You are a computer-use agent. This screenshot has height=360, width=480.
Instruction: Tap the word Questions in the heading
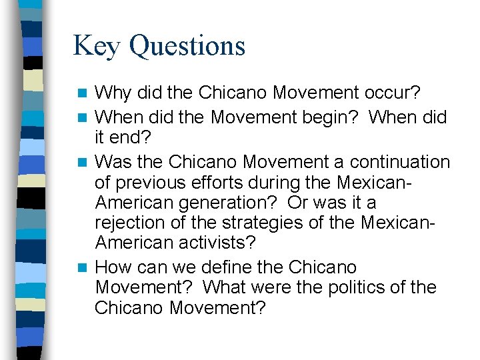point(187,47)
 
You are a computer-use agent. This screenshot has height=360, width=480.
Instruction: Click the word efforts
point(231,181)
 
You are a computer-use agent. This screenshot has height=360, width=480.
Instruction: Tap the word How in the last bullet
point(111,267)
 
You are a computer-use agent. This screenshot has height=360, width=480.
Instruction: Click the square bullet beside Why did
point(82,92)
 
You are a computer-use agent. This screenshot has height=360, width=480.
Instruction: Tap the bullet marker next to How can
point(82,268)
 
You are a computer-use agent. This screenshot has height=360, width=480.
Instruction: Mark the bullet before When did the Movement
point(82,118)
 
